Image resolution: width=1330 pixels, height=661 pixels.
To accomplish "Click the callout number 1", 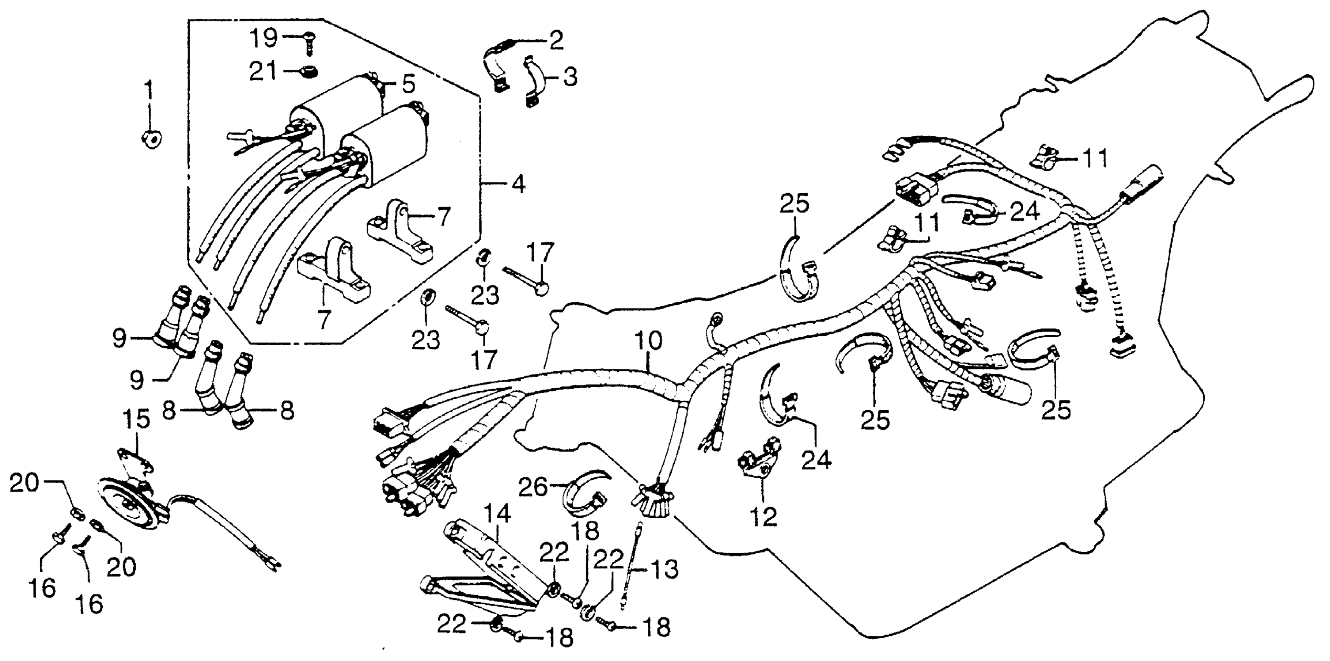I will click(149, 92).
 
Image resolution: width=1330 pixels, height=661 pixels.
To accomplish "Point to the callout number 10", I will click(648, 342).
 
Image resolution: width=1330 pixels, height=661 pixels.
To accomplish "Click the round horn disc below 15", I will click(129, 504).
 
